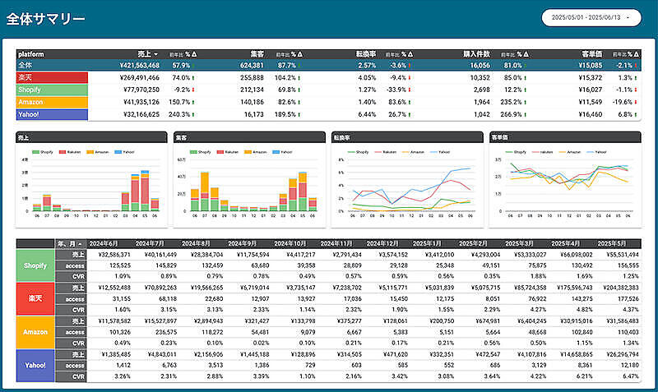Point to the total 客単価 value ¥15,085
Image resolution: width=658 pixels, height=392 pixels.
tap(590, 65)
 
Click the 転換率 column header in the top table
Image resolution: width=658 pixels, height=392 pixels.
tap(364, 53)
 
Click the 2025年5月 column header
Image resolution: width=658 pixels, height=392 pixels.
tap(617, 244)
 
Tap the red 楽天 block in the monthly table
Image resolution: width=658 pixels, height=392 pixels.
tap(36, 297)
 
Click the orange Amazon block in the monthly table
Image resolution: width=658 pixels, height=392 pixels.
tap(36, 331)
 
